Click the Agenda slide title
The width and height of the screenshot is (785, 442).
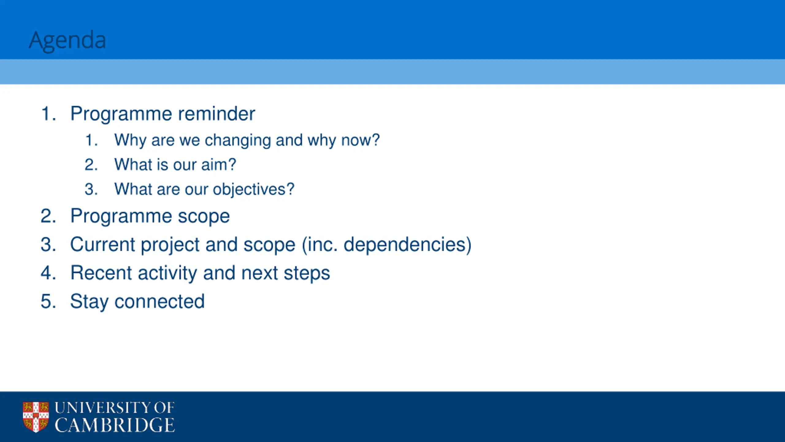(x=67, y=41)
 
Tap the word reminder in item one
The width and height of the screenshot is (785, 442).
(x=216, y=114)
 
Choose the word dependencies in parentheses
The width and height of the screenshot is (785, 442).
(x=404, y=245)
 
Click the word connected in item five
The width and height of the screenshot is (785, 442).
(x=159, y=301)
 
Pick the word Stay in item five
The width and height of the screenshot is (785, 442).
(x=89, y=302)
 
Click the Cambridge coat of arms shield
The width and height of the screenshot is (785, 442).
(x=36, y=417)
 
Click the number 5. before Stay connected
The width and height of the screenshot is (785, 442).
(x=48, y=301)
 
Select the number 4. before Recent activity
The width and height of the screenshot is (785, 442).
(x=48, y=273)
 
